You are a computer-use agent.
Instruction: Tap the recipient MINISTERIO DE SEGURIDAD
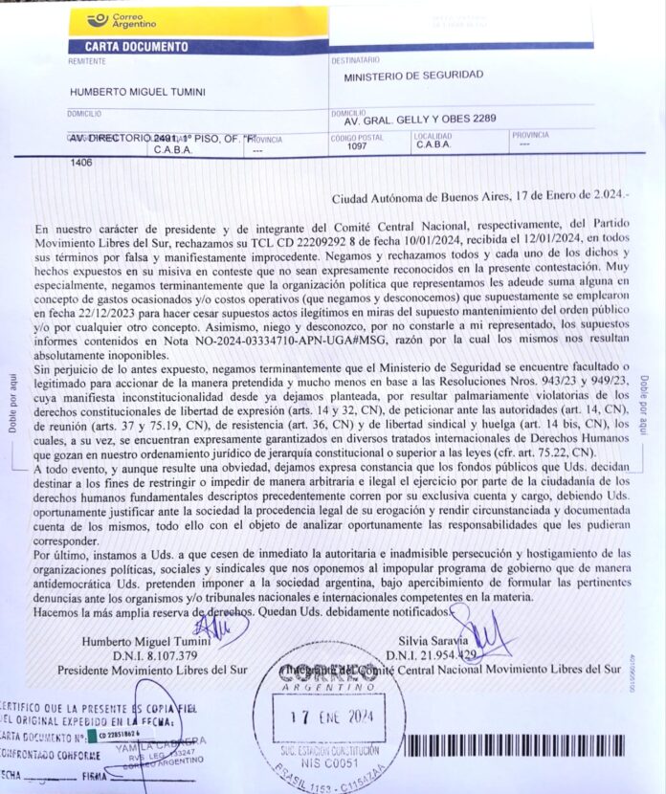tap(413, 75)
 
